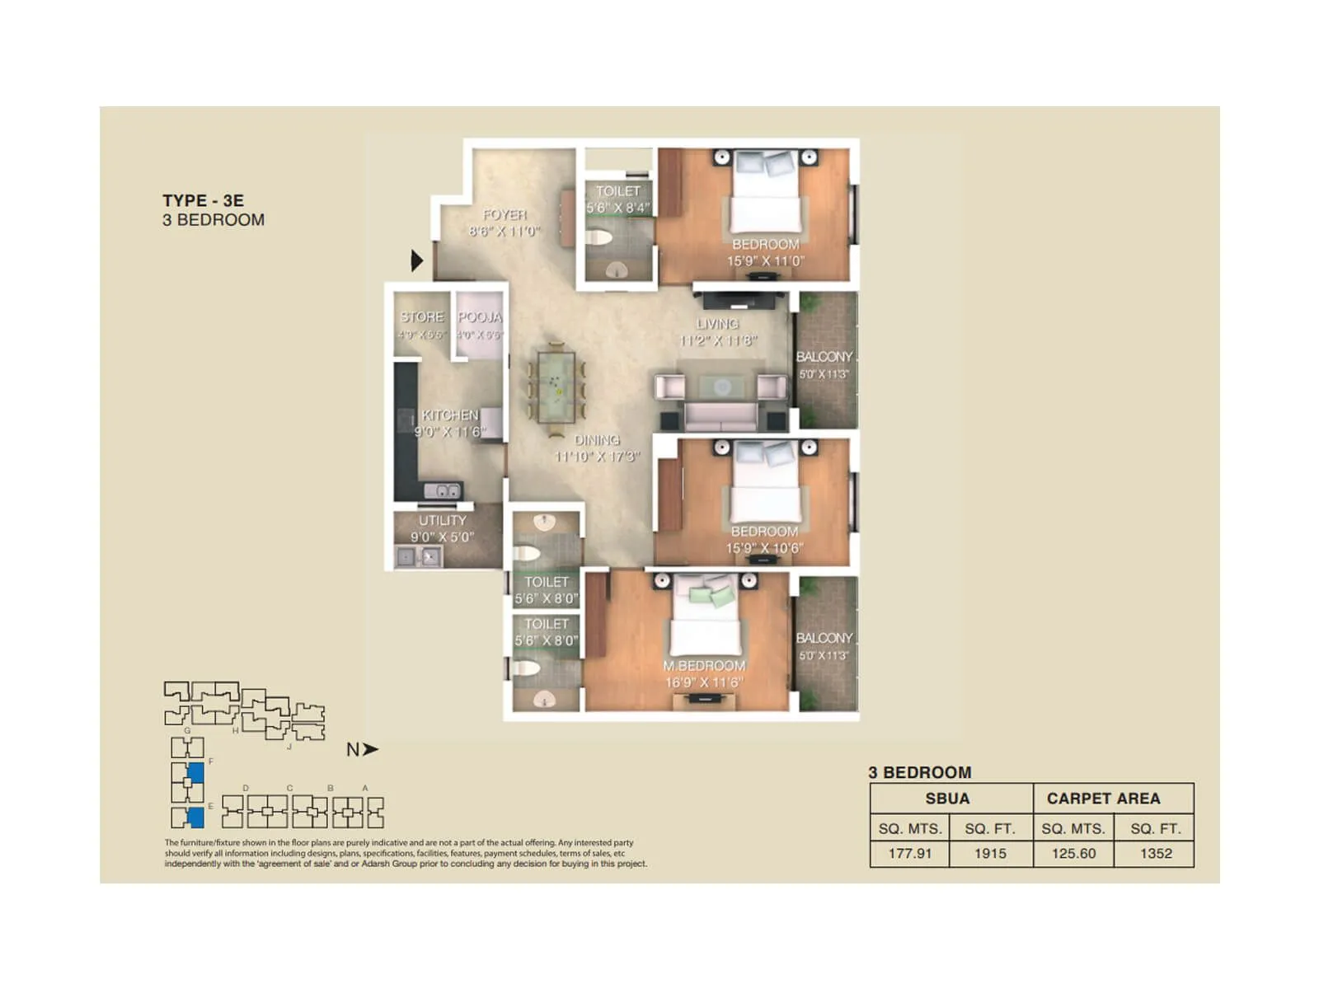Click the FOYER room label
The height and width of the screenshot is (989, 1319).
pyautogui.click(x=505, y=215)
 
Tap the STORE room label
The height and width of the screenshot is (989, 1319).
pyautogui.click(x=422, y=316)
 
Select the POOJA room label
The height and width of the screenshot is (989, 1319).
pyautogui.click(x=480, y=316)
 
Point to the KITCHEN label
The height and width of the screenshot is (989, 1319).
pyautogui.click(x=450, y=415)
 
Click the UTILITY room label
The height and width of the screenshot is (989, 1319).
pyautogui.click(x=443, y=520)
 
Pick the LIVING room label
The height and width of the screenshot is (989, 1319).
pyautogui.click(x=717, y=324)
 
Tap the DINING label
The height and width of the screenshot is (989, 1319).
pyautogui.click(x=597, y=440)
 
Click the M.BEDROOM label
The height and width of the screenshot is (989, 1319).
pyautogui.click(x=704, y=665)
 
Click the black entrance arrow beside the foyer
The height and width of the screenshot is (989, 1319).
pyautogui.click(x=417, y=260)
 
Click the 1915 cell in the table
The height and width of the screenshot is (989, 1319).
pyautogui.click(x=990, y=853)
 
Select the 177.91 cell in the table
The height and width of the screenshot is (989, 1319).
pyautogui.click(x=909, y=853)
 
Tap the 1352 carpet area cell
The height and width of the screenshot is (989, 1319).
pyautogui.click(x=1156, y=853)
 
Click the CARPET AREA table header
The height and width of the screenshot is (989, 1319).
pyautogui.click(x=1103, y=798)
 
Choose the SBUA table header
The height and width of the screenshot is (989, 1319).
pyautogui.click(x=947, y=798)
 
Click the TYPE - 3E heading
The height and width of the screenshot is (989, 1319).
pyautogui.click(x=203, y=200)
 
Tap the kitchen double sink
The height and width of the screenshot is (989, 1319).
pyautogui.click(x=443, y=490)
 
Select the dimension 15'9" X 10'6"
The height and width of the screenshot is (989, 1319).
pyautogui.click(x=764, y=548)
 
